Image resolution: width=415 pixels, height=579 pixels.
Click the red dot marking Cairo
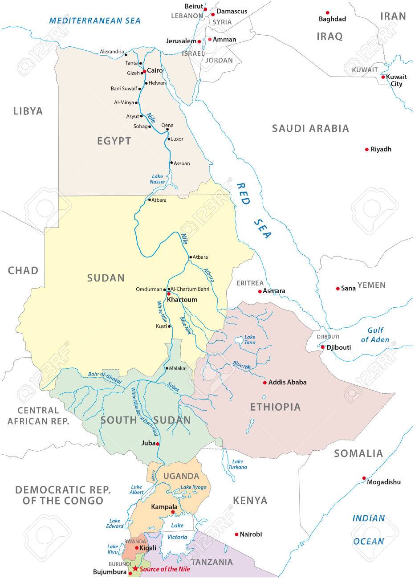(x=144, y=71)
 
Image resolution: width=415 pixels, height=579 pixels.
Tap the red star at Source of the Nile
(x=135, y=569)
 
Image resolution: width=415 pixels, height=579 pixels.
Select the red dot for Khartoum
(x=169, y=294)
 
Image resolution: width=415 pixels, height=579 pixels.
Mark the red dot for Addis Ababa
(x=264, y=382)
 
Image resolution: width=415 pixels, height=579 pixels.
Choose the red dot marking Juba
(x=158, y=444)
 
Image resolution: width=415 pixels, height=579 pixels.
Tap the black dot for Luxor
(x=168, y=139)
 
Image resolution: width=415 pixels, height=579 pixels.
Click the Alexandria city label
(x=112, y=52)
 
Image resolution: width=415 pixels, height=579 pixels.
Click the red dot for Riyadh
(x=366, y=149)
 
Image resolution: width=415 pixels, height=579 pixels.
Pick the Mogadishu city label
(x=384, y=482)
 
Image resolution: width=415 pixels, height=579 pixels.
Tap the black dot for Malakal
(x=166, y=368)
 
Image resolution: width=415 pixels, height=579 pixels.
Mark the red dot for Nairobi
(x=236, y=534)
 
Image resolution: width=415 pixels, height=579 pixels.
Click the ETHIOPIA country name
(x=275, y=407)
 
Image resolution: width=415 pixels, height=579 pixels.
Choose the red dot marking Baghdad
(x=328, y=12)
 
